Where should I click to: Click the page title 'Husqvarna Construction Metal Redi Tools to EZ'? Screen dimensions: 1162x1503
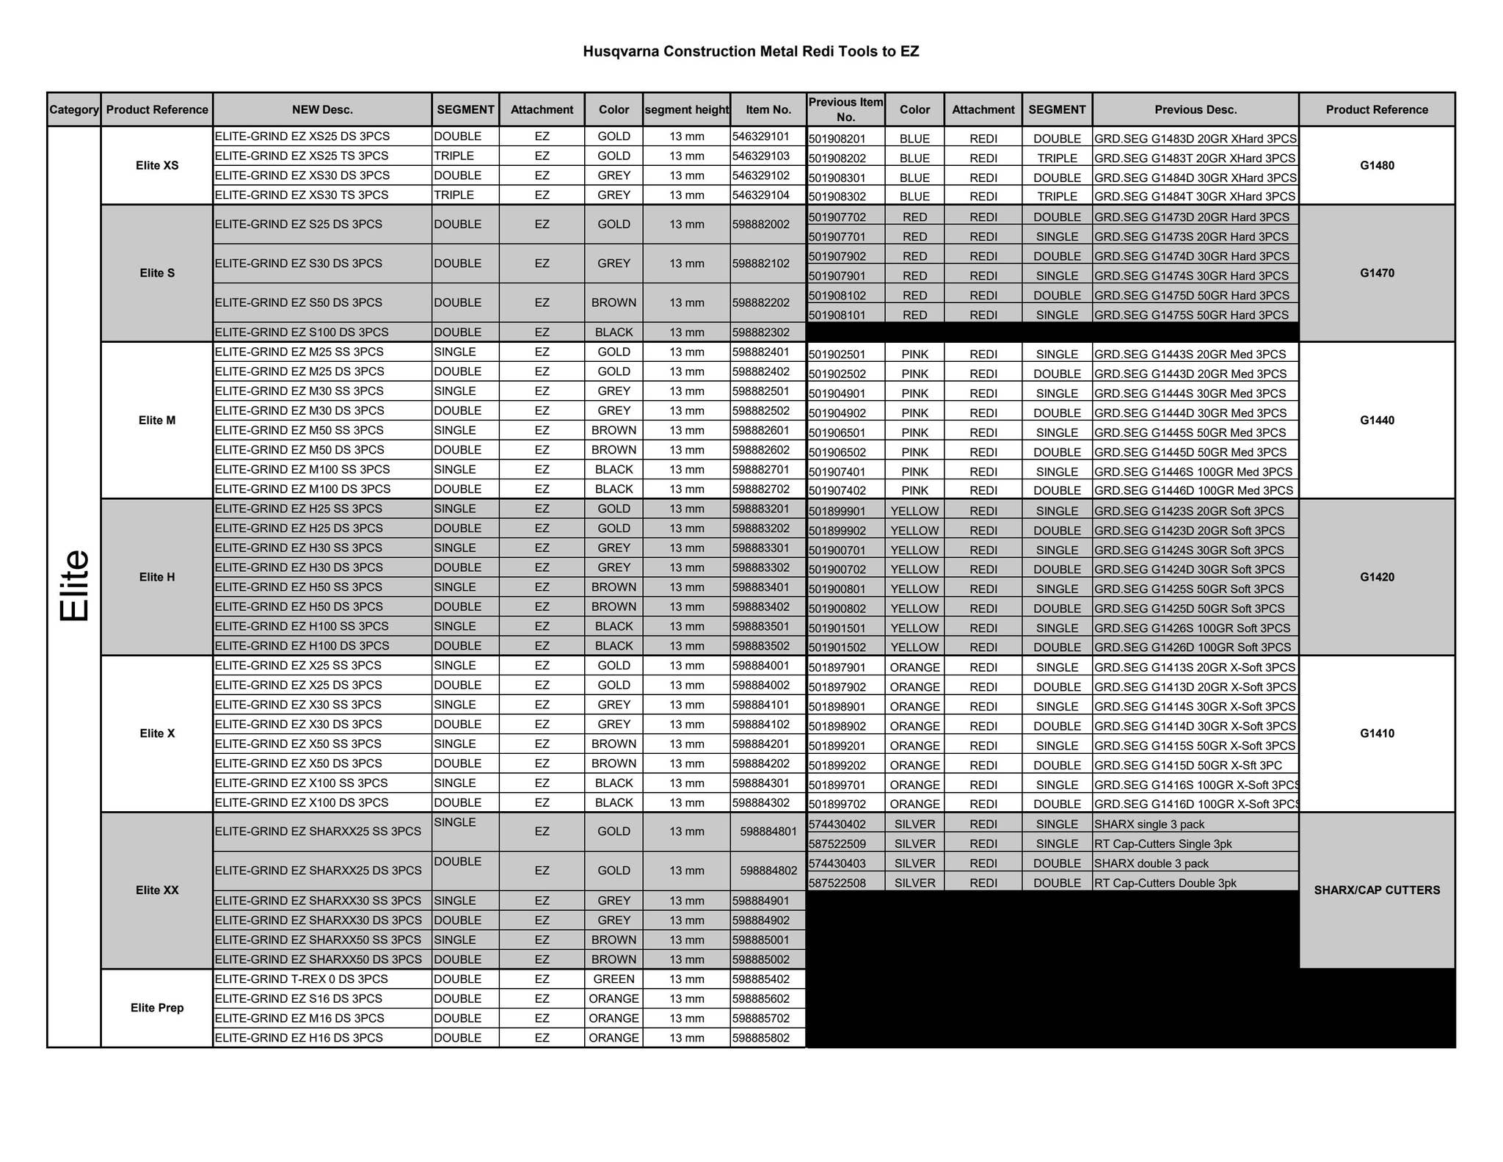750,51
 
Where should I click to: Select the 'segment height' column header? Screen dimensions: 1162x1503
686,109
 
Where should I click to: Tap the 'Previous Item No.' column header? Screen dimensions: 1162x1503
845,109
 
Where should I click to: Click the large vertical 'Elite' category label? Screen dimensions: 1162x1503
74,586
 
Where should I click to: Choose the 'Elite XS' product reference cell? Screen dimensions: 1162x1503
157,165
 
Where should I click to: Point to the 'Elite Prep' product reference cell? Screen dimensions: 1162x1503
157,1008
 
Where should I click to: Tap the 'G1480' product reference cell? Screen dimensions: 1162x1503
1377,165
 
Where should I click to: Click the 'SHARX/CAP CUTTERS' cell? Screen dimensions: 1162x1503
1377,890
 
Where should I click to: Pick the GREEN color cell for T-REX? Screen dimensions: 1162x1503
614,979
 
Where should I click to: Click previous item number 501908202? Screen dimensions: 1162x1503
837,158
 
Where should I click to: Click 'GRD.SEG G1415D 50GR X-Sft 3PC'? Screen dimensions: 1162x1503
1188,765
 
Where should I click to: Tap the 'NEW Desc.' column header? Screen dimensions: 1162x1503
322,109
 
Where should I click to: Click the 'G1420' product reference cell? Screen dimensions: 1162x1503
1377,577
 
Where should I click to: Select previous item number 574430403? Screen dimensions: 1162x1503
837,863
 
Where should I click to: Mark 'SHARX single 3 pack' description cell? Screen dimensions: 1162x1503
1149,824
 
